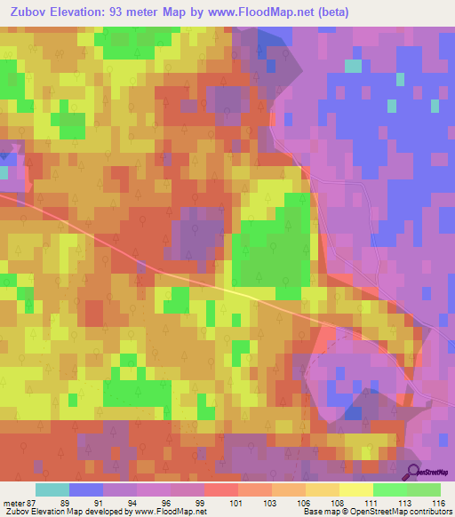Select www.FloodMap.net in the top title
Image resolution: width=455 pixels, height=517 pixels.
[x=257, y=12]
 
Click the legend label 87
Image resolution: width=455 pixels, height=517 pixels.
[x=34, y=502]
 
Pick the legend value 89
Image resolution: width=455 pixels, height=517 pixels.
[x=63, y=502]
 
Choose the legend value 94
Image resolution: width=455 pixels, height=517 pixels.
[x=131, y=502]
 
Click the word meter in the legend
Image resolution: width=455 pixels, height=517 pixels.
[x=12, y=502]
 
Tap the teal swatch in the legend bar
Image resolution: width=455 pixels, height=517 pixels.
[x=52, y=489]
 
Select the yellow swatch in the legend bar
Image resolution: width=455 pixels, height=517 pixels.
[x=356, y=489]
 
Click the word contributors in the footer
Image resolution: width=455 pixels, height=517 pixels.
[x=431, y=512]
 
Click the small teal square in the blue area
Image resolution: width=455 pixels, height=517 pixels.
[x=353, y=66]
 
